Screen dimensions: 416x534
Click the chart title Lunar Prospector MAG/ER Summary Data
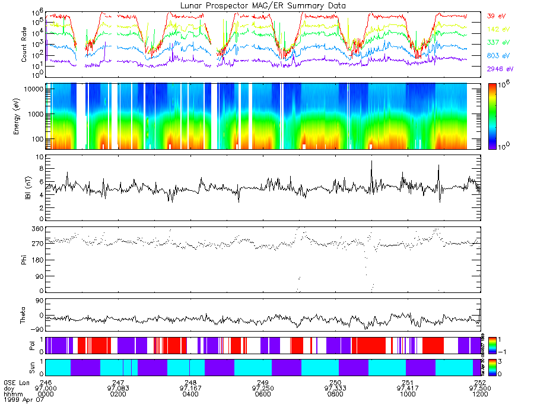click(263, 5)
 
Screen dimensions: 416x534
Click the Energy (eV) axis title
click(24, 116)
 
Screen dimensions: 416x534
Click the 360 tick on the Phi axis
click(37, 229)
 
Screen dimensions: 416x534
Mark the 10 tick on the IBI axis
click(40, 157)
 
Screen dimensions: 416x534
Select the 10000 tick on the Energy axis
click(34, 89)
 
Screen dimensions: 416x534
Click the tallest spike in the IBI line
click(372, 161)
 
